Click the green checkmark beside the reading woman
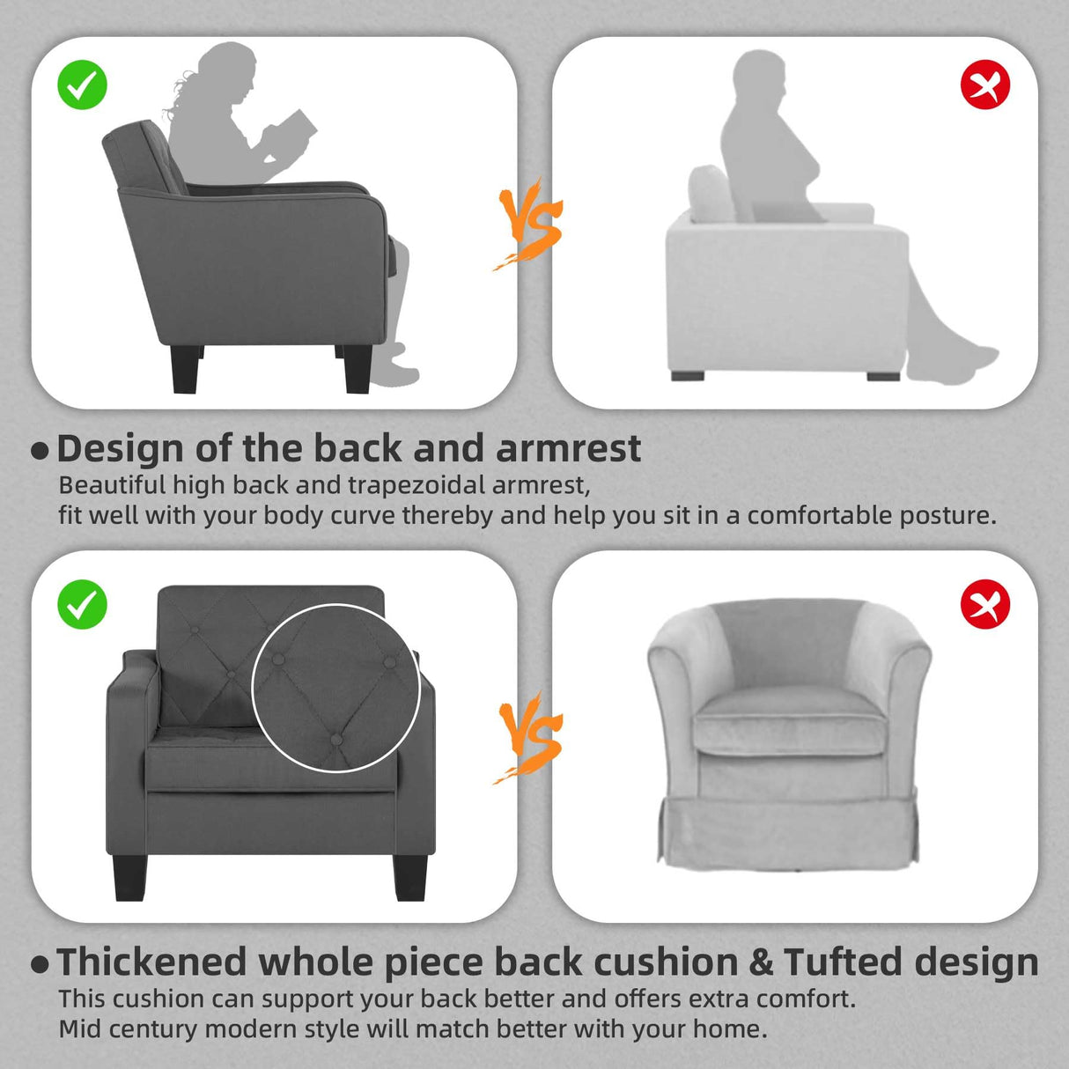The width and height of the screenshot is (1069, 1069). [x=82, y=85]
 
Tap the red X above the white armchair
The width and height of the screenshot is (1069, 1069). [x=985, y=85]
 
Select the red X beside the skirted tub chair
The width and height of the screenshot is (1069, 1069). [x=985, y=604]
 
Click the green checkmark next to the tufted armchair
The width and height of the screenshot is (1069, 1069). [x=82, y=604]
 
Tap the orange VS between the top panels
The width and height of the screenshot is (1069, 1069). [x=529, y=225]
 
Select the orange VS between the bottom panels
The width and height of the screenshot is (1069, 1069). [x=529, y=739]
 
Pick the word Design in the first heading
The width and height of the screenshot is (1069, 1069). [x=121, y=449]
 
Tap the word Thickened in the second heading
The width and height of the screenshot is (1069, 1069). [x=152, y=962]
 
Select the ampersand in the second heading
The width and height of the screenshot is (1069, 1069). [x=762, y=962]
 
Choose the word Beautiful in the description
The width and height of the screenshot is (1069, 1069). [x=112, y=485]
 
